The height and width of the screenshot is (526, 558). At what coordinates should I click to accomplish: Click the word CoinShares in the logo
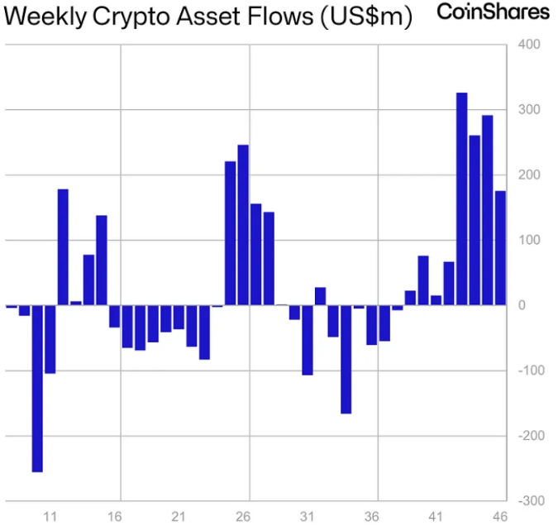(493, 12)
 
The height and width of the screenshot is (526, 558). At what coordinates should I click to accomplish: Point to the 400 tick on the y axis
(529, 45)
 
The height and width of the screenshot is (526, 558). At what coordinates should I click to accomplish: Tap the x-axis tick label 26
(243, 517)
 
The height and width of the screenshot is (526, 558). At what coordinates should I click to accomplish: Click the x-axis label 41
(436, 517)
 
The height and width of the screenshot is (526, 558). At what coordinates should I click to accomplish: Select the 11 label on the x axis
(50, 517)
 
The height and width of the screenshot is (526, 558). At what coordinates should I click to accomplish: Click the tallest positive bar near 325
(461, 198)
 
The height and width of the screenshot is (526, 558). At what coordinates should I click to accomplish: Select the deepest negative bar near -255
(37, 388)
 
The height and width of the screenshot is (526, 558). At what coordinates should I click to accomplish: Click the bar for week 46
(500, 248)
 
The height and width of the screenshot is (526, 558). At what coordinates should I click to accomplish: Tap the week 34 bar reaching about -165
(346, 359)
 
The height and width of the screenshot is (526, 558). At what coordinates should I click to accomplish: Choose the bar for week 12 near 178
(63, 247)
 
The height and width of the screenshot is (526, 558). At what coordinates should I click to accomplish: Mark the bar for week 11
(50, 339)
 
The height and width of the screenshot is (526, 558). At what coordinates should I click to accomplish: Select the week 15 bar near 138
(102, 260)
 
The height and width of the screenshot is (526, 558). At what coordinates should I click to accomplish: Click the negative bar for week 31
(308, 340)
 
